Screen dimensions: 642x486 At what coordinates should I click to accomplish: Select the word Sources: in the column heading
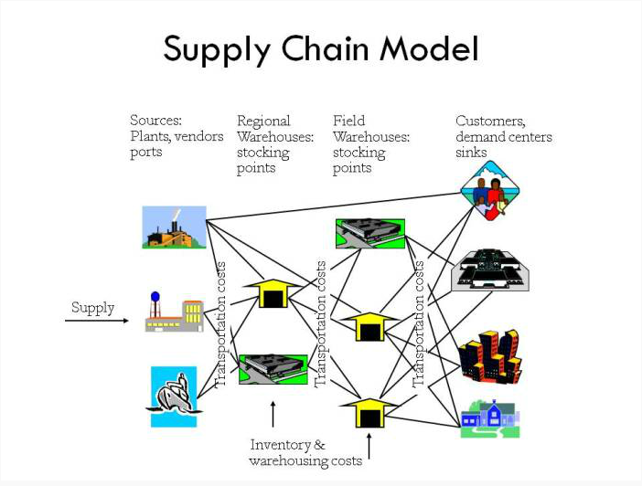tap(156, 121)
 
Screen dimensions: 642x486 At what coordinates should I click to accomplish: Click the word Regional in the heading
tap(263, 121)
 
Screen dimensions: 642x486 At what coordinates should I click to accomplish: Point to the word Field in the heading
tap(348, 121)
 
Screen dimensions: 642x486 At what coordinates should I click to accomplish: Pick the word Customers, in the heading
tap(490, 121)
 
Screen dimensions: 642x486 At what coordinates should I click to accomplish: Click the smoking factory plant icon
tap(174, 227)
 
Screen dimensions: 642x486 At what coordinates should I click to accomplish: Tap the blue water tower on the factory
tap(155, 296)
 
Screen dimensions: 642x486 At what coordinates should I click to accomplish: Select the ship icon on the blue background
tap(174, 396)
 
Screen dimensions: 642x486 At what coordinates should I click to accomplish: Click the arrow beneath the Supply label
tap(97, 321)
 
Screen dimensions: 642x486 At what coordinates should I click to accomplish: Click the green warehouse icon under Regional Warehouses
tap(273, 369)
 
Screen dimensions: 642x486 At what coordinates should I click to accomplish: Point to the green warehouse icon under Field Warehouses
tap(370, 234)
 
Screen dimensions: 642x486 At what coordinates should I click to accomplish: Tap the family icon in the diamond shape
tap(490, 191)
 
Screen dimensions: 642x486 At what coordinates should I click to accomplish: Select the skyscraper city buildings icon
tap(489, 356)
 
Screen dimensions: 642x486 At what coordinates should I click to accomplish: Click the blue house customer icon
tap(490, 418)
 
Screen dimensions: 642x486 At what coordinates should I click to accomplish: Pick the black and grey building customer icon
tap(490, 270)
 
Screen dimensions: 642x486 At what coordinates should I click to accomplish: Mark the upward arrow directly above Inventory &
tap(273, 414)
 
